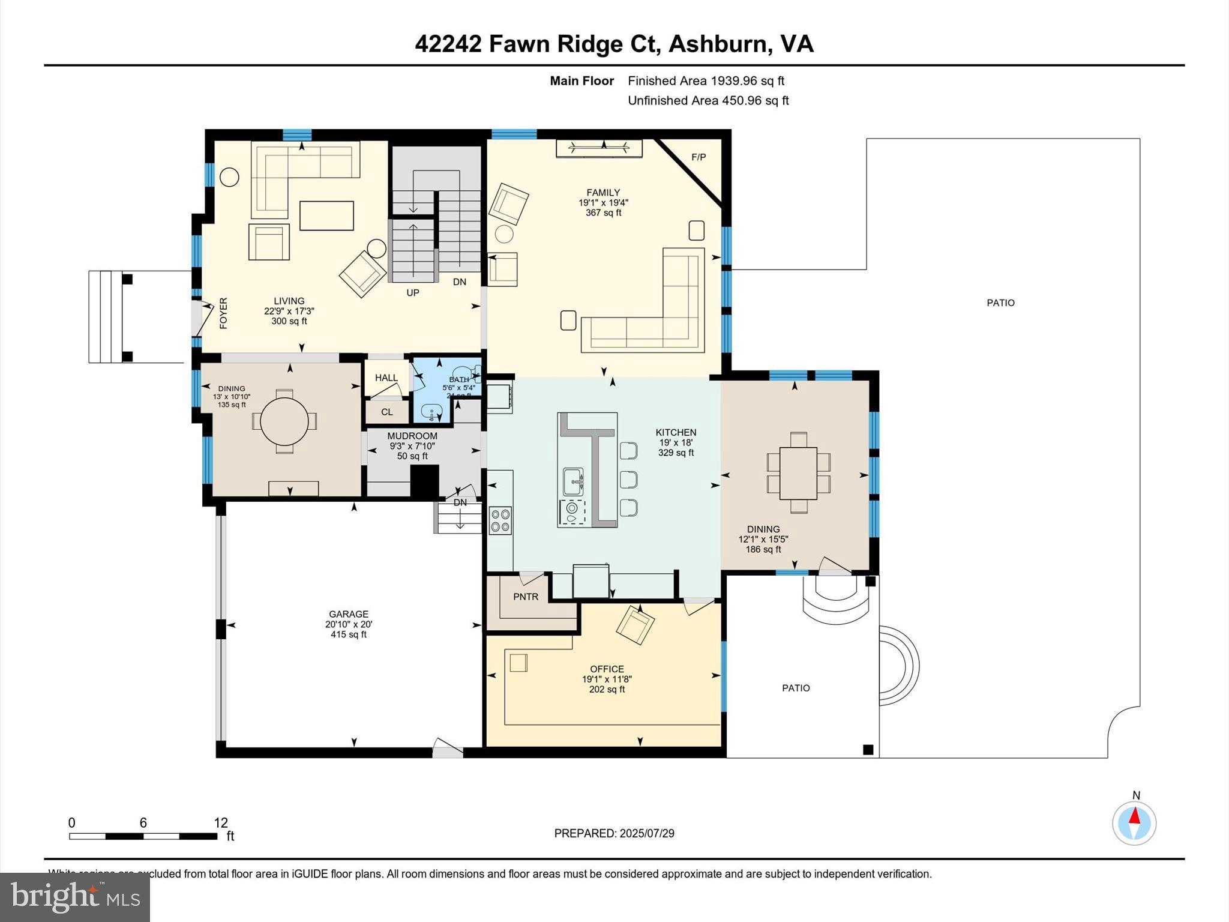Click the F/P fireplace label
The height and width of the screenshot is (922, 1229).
[x=699, y=157]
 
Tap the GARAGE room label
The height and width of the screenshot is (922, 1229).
[x=349, y=614]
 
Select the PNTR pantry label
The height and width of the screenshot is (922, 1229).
[x=526, y=597]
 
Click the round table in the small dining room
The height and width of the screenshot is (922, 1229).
[x=284, y=421]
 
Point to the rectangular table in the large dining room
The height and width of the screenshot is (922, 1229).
[x=798, y=473]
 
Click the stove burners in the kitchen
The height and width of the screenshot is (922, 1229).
[x=500, y=520]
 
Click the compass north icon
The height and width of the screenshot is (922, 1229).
[x=1134, y=823]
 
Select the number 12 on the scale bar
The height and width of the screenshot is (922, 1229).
[x=221, y=823]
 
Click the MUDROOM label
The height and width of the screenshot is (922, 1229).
[x=412, y=436]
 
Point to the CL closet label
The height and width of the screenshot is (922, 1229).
[x=387, y=412]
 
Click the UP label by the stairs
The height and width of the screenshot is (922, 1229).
[x=413, y=293]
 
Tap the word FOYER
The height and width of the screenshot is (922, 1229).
[x=223, y=313]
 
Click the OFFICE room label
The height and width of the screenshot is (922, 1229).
[x=607, y=669]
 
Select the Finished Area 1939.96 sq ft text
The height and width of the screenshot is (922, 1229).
[x=706, y=80]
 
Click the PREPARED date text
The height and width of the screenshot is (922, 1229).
[x=614, y=833]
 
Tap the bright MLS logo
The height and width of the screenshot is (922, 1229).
[x=75, y=897]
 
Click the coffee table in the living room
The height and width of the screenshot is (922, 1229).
[x=326, y=215]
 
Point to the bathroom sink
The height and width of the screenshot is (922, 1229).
[x=431, y=412]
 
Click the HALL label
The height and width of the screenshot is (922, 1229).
[x=386, y=378]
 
